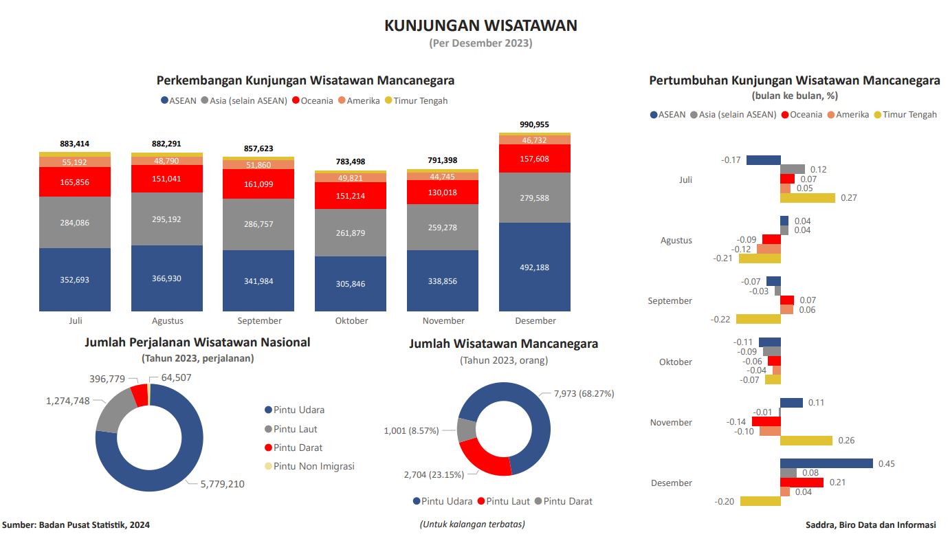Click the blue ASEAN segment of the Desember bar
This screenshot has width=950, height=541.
535,267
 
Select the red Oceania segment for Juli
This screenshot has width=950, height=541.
75,182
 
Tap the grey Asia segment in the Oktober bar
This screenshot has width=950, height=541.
351,232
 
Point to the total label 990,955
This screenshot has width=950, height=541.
535,124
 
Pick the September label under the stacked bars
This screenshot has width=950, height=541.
259,321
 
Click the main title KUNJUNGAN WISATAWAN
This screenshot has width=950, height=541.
480,25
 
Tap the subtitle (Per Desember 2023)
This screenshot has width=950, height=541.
480,43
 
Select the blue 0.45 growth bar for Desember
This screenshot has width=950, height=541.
826,463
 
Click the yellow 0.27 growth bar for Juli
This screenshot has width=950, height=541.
808,198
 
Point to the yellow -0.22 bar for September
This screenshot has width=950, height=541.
758,319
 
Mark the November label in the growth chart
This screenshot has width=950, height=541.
671,422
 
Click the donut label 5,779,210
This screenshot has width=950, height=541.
222,484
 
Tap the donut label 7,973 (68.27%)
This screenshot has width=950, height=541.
584,394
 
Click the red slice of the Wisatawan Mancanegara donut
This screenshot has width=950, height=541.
481,459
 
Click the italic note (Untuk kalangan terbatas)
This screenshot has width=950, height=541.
472,524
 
